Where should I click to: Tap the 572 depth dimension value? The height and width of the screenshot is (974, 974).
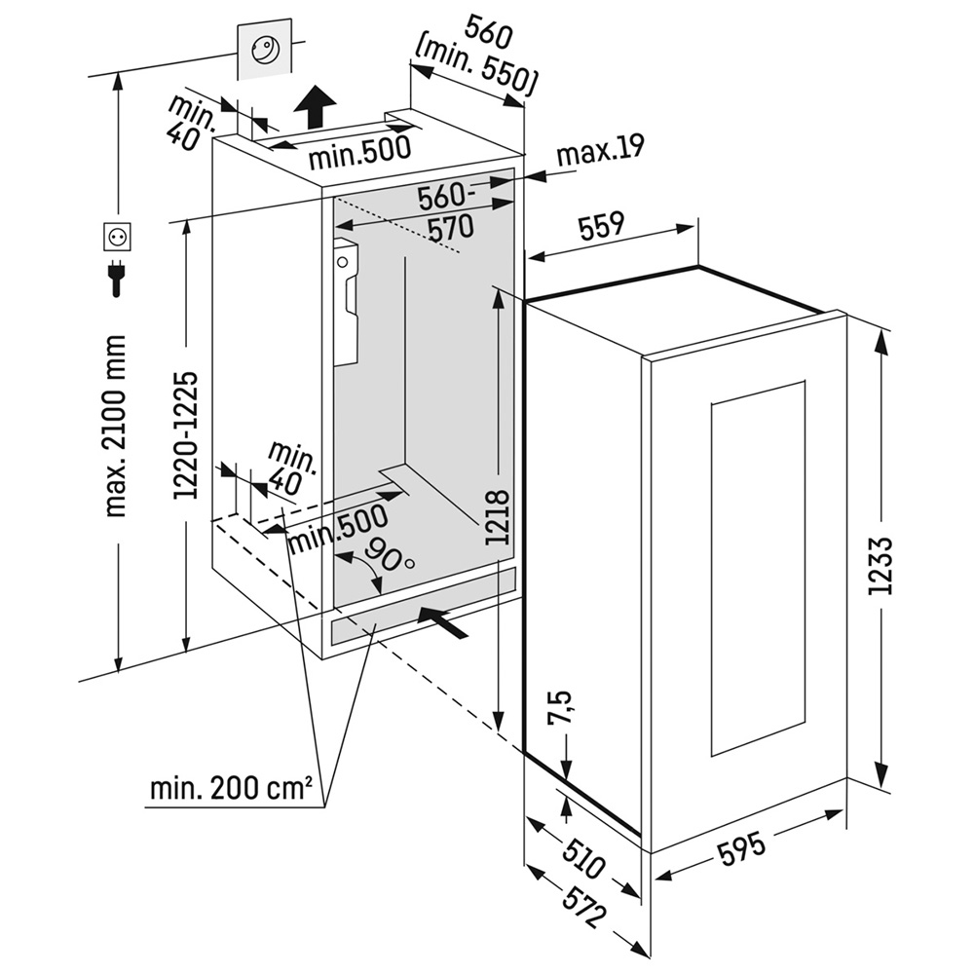click(x=581, y=906)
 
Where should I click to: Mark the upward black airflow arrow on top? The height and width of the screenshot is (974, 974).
click(x=315, y=105)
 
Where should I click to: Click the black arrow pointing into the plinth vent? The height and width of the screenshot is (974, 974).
click(x=442, y=621)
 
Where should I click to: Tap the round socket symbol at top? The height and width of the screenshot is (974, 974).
click(x=264, y=49)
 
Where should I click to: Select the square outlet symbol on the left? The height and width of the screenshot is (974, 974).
click(x=117, y=237)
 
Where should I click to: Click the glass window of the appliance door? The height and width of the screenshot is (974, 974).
click(x=758, y=568)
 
